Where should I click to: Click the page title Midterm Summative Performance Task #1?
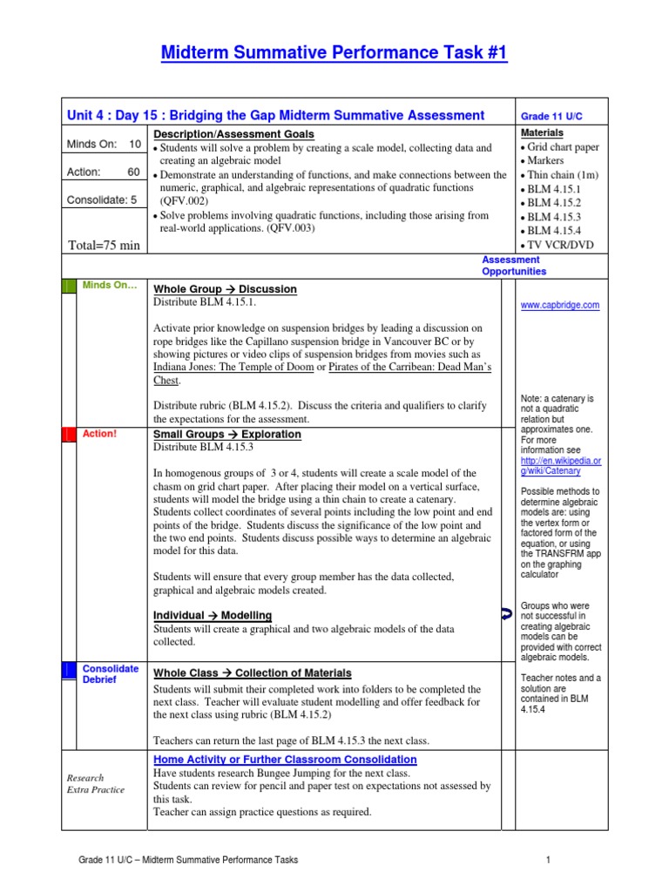[x=334, y=54]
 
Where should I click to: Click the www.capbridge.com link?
[x=559, y=305]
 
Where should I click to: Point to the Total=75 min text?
[x=104, y=245]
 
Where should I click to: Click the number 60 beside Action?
[x=134, y=172]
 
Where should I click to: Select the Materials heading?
[x=542, y=133]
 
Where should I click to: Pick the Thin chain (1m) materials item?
[x=557, y=174]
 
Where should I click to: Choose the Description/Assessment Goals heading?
[x=234, y=134]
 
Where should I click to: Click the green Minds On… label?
[x=109, y=285]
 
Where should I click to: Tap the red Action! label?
[x=99, y=433]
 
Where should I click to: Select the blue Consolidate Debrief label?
[x=110, y=674]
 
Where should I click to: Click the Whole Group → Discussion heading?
[x=225, y=289]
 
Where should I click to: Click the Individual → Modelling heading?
[x=213, y=615]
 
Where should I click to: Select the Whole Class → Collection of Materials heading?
[x=253, y=673]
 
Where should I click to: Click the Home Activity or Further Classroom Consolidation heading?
[x=285, y=760]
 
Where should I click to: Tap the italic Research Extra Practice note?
[x=95, y=784]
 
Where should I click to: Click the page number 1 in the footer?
[x=550, y=861]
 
